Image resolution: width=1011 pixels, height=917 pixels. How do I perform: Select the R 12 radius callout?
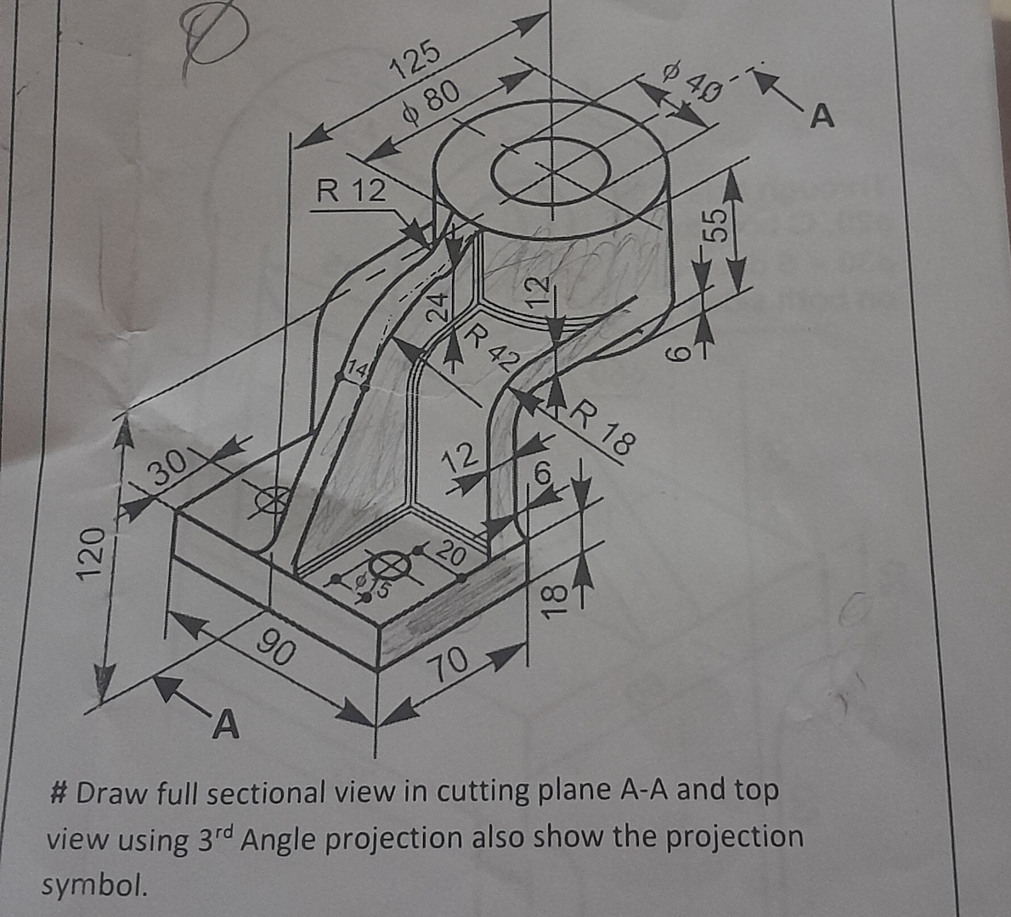coord(349,190)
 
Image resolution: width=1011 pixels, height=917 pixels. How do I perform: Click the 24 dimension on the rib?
coord(437,307)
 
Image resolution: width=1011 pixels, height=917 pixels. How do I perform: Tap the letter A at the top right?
coord(822,116)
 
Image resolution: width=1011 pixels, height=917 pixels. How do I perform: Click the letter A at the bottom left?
coord(224,725)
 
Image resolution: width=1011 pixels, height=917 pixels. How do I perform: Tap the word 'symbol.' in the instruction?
coord(94,886)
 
